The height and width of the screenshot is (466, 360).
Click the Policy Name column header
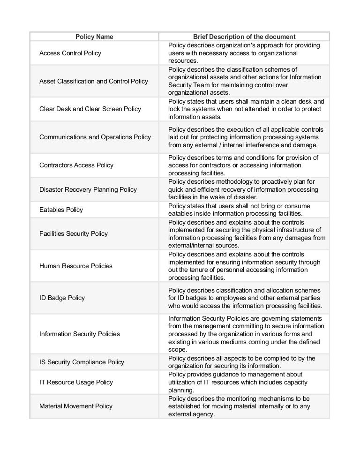coord(94,37)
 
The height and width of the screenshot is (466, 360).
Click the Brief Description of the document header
coord(244,37)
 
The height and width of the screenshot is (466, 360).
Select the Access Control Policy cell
coord(70,53)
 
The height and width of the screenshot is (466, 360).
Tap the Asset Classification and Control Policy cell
coord(94,81)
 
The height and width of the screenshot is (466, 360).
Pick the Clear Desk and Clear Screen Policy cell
coord(90,109)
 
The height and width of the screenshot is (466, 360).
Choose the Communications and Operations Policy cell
coord(95,137)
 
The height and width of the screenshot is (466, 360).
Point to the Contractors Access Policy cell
coord(76,165)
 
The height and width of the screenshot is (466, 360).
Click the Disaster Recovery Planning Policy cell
coord(88,189)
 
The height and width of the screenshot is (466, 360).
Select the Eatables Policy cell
coord(61,210)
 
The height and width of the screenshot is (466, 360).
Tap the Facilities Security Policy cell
coord(74,233)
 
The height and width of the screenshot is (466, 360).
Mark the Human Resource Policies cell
coord(76,266)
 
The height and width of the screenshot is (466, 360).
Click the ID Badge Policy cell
coord(62,298)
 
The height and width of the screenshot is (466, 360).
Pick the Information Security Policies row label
coord(80,334)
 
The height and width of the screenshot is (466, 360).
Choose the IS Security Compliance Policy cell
coord(82,362)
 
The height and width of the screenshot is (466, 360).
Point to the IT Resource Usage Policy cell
coord(76,382)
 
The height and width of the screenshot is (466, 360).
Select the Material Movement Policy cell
coord(76,406)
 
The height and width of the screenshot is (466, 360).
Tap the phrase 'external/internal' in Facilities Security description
coord(190,245)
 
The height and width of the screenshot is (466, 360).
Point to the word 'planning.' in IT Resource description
coord(180,390)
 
